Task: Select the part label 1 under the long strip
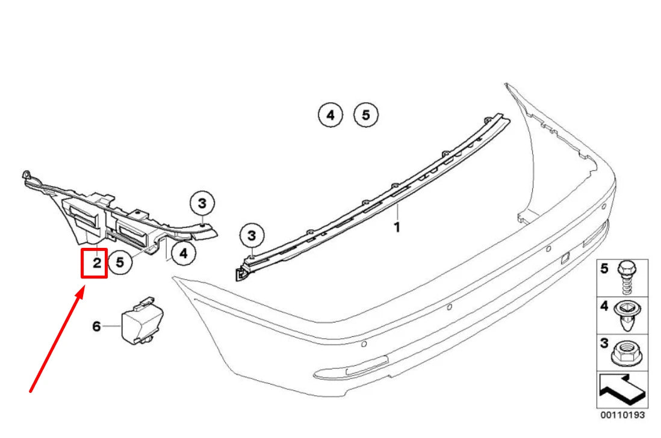click(x=397, y=227)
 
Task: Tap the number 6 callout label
click(x=96, y=326)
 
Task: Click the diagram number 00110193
click(x=622, y=415)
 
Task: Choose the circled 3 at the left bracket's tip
click(x=202, y=203)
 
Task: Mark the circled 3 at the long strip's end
click(x=252, y=234)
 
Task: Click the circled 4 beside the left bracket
click(x=184, y=254)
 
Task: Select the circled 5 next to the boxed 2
click(x=120, y=262)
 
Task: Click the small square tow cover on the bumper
click(x=565, y=258)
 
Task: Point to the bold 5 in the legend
click(x=605, y=269)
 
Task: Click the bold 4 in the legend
click(x=605, y=307)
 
